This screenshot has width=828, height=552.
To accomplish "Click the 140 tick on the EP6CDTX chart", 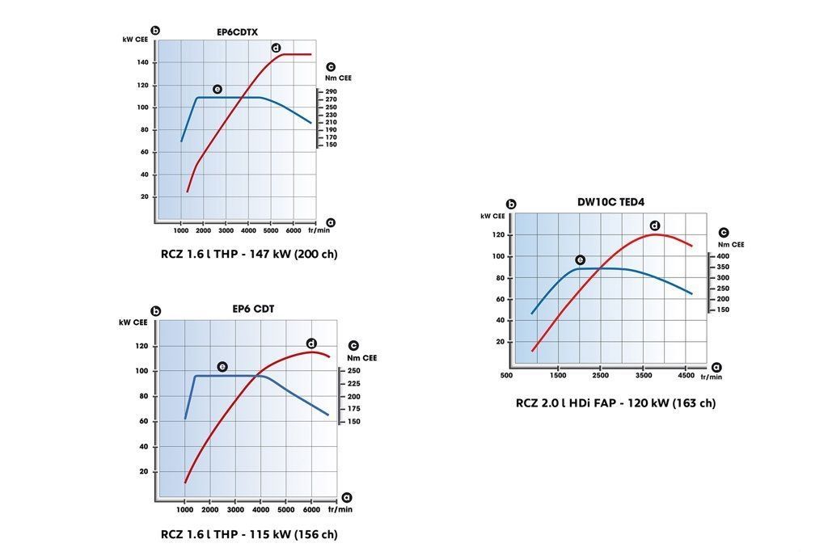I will point(142,62).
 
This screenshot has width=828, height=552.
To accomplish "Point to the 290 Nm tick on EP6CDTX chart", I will point(332,92).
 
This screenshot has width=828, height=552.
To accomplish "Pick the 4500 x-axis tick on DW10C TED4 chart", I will point(686,375).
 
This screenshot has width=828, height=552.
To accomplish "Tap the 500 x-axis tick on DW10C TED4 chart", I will point(507,375).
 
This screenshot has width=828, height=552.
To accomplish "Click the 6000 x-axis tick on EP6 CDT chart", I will point(311,509).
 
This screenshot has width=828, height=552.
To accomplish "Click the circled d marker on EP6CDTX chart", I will point(277,48).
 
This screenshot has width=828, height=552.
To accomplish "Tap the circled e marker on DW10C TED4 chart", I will point(580,259).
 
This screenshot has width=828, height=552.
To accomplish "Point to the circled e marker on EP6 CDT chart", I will point(222,367).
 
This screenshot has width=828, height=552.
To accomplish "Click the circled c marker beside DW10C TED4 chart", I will point(723,232).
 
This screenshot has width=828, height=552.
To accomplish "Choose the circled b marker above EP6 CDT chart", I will point(156,310).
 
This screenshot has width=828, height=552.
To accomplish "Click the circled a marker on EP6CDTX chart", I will point(330,222).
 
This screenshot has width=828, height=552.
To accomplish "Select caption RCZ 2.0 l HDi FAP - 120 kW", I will point(615,403).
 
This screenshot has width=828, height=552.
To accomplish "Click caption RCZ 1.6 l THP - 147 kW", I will point(249,254).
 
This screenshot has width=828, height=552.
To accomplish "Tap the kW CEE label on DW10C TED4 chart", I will point(492,217).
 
